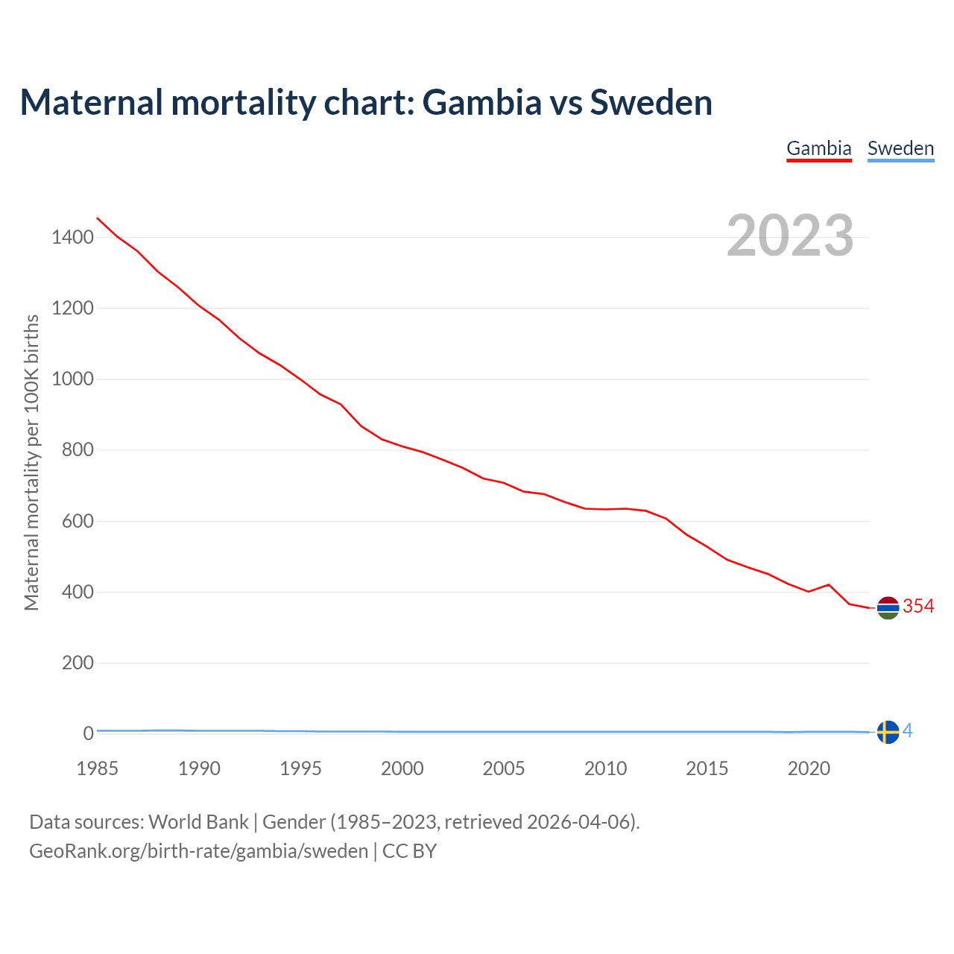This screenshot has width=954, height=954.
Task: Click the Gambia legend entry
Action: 819,148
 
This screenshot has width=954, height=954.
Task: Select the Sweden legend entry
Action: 900,148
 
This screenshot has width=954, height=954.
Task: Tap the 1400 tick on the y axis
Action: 72,238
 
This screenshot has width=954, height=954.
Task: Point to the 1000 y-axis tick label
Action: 72,379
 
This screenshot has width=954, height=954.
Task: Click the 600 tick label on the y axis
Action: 78,521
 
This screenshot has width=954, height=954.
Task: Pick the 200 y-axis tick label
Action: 78,663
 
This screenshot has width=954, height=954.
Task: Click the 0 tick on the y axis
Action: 88,733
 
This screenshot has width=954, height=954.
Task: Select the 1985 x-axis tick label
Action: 98,768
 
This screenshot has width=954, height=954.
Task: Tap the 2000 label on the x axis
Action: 402,768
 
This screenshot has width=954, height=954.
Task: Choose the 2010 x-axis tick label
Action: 605,768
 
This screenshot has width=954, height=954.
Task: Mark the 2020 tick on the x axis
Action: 809,768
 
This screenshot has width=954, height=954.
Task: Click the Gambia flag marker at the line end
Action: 888,608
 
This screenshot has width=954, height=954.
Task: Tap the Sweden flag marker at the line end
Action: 888,732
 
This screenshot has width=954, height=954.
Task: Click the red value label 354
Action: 918,607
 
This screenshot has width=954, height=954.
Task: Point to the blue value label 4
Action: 908,731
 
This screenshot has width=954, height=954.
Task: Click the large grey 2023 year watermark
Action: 790,236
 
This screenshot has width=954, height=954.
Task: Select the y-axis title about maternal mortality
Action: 31,462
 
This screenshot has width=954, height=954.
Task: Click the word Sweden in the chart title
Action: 651,102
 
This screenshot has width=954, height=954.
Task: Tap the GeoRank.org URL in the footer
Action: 198,850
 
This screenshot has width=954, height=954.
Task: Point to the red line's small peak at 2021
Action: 829,584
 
